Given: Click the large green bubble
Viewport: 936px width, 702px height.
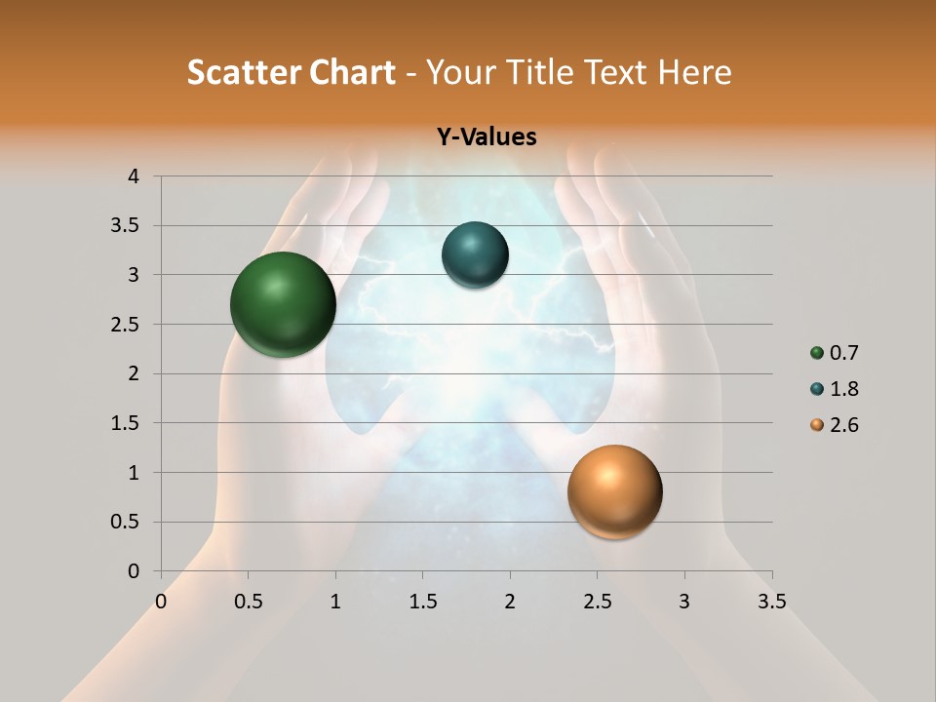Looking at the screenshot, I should pyautogui.click(x=283, y=304).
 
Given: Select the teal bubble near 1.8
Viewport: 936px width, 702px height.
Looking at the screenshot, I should pyautogui.click(x=475, y=255).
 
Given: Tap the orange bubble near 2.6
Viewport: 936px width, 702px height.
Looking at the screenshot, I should pyautogui.click(x=614, y=491).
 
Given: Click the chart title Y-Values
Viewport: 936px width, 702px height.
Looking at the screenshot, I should pyautogui.click(x=486, y=136).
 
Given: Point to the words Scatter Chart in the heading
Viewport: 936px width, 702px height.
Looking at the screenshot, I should pyautogui.click(x=291, y=72).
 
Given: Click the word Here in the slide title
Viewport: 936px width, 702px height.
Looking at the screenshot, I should pyautogui.click(x=694, y=72).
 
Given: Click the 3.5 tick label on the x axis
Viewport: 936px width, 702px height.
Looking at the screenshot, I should pyautogui.click(x=772, y=602).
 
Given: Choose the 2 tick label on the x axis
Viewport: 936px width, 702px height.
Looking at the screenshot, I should pyautogui.click(x=510, y=602).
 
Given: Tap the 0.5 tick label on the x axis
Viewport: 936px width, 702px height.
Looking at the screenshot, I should pyautogui.click(x=249, y=602).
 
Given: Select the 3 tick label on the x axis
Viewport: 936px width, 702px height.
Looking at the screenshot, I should pyautogui.click(x=684, y=602).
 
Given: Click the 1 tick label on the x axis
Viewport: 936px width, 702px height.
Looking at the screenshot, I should pyautogui.click(x=335, y=602).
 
